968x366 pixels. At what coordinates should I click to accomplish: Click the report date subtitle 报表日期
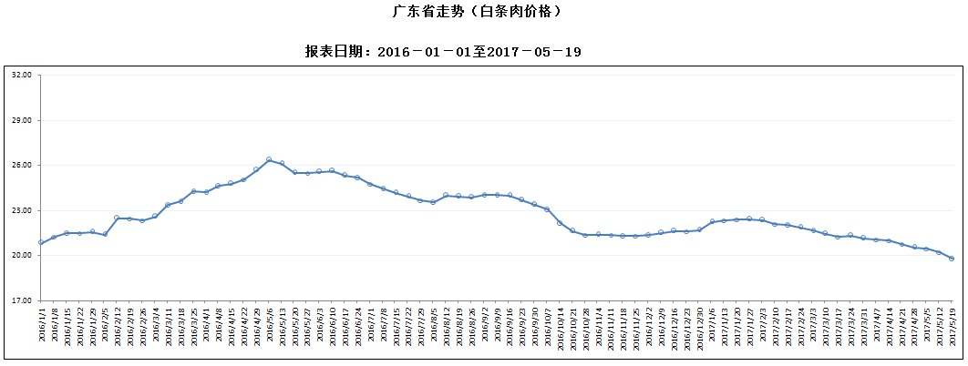[x=443, y=52]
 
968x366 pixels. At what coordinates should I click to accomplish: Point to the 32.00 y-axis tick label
[x=21, y=76]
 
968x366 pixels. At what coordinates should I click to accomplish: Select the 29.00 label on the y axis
[x=21, y=120]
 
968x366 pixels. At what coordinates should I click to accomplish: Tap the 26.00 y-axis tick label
[x=21, y=165]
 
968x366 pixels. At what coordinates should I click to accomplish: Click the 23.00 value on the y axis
[x=21, y=210]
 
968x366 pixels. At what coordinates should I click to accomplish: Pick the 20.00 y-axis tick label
[x=21, y=255]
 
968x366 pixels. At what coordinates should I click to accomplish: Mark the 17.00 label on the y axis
[x=21, y=300]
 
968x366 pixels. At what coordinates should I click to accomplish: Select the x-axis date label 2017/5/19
[x=952, y=325]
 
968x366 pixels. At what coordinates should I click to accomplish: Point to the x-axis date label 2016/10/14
[x=560, y=325]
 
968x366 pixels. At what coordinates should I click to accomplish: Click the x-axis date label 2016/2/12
[x=118, y=325]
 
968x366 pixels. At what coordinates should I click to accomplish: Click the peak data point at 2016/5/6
[x=269, y=160]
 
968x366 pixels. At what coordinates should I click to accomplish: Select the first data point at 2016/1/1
[x=41, y=243]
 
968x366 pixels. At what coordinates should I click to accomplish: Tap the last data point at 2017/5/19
[x=952, y=259]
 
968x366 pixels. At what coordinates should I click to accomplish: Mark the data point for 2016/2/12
[x=118, y=218]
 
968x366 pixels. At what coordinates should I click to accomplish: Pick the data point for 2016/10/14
[x=560, y=222]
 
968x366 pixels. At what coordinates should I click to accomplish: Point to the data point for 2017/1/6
[x=712, y=222]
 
